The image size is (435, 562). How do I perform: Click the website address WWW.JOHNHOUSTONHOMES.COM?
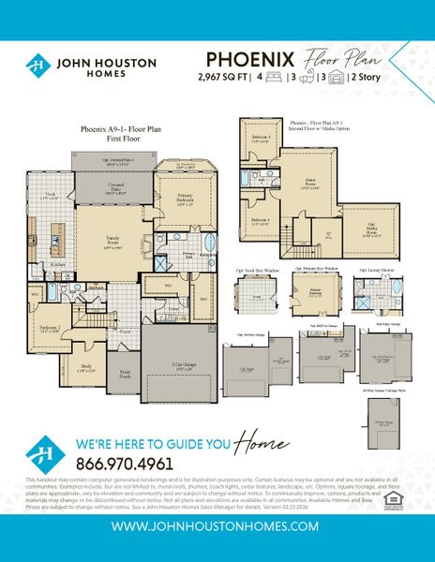217,525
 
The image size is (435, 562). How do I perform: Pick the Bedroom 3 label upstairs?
259,138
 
